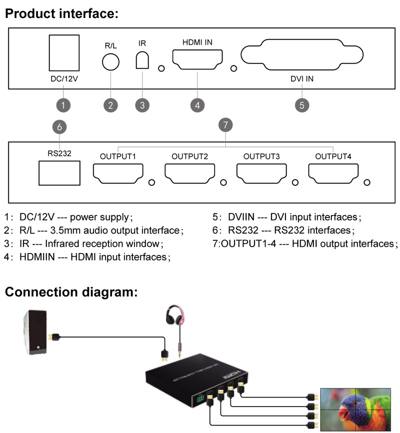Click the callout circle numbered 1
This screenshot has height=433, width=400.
tap(63, 105)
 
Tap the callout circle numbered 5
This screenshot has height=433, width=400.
tap(301, 105)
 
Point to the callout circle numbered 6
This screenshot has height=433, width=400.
tap(59, 127)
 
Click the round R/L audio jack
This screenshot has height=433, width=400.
tap(110, 62)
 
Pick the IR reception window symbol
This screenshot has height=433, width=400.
tap(142, 60)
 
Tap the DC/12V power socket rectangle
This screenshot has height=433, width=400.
tap(63, 53)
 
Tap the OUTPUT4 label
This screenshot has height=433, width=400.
tap(333, 156)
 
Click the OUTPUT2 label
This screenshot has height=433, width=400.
tap(189, 156)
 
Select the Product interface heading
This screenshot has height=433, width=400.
tap(61, 13)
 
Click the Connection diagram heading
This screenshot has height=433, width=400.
tap(71, 292)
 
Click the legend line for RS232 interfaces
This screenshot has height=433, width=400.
tap(281, 230)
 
